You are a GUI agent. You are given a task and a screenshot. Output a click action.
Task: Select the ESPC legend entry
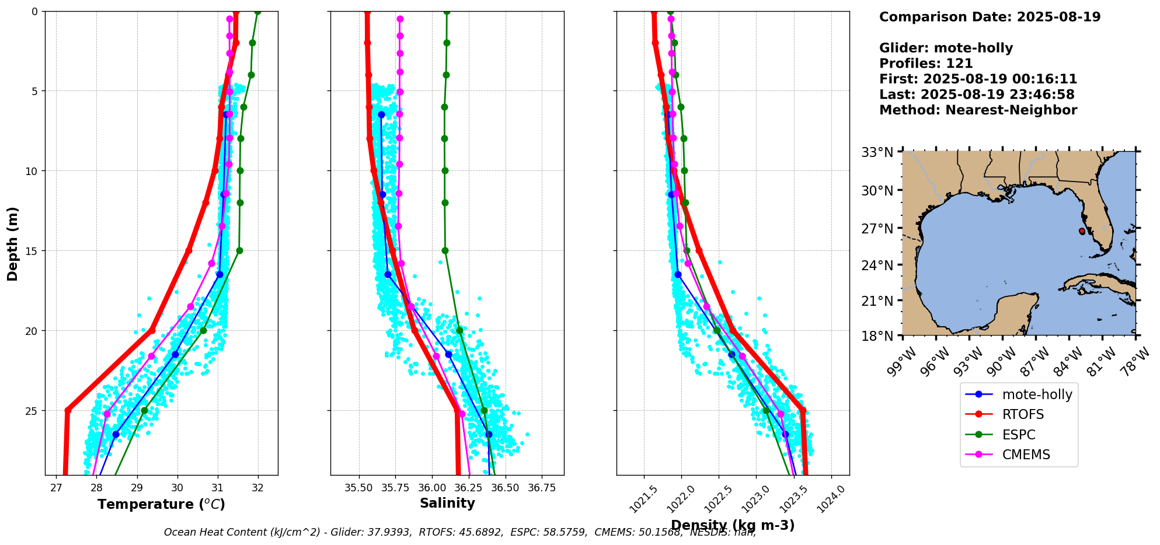tap(1018, 435)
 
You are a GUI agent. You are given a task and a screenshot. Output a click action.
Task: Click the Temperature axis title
tap(161, 504)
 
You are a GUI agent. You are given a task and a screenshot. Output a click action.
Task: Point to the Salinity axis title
tap(447, 503)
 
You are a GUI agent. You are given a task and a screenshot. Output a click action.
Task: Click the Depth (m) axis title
tap(13, 243)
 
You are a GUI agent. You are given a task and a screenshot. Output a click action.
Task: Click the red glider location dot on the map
tap(1082, 231)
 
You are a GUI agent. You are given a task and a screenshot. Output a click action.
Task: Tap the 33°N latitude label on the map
tap(877, 152)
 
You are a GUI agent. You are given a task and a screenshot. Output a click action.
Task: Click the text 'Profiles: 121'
tap(926, 64)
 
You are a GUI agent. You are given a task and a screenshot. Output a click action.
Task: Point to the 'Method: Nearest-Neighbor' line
tap(978, 110)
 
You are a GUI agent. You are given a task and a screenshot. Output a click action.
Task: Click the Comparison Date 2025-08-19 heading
tap(990, 17)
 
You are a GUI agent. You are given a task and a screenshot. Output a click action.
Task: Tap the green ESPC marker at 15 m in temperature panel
tap(239, 251)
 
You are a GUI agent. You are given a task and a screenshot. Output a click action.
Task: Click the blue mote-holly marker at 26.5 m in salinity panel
tap(489, 434)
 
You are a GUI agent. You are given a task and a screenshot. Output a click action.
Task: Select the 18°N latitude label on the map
tap(877, 336)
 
